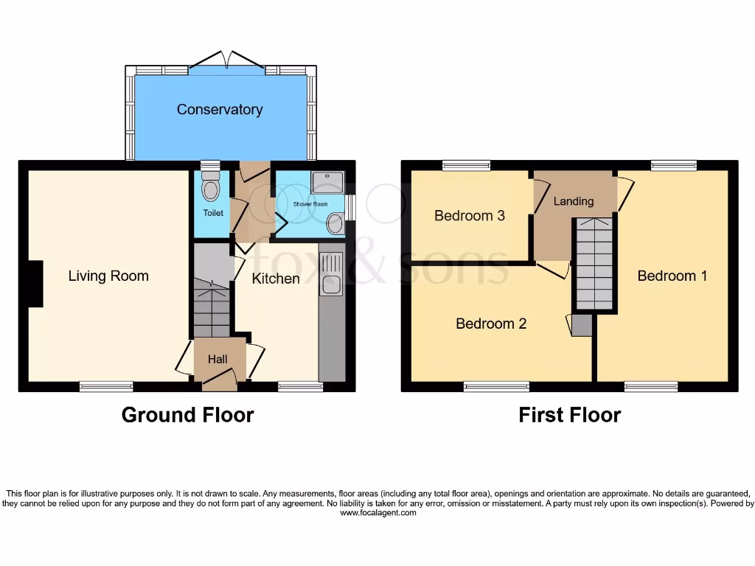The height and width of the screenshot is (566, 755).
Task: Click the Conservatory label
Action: coord(219,109)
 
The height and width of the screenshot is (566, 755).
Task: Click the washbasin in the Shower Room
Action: coord(335,223)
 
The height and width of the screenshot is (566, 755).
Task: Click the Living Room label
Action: coord(108,276)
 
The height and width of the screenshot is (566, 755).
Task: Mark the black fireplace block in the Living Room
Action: coord(35,284)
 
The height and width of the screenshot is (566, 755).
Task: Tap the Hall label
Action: coord(217,359)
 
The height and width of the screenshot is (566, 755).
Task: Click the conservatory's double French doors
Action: coord(227,61)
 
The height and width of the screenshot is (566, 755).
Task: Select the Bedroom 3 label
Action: coord(469,216)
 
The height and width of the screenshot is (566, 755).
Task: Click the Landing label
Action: coord(573,200)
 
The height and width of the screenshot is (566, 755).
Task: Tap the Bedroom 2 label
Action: coord(491,324)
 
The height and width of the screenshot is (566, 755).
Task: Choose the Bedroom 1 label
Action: coord(672,276)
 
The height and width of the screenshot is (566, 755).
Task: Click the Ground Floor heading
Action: coord(187,415)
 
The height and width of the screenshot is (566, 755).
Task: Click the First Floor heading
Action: coord(569,415)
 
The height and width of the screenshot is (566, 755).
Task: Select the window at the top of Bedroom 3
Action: coord(466,166)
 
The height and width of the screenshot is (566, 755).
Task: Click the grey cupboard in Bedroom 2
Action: coord(582,326)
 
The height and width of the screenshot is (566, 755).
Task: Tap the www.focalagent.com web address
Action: coord(377,513)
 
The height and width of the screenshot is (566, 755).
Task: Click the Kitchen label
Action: coord(276,279)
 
